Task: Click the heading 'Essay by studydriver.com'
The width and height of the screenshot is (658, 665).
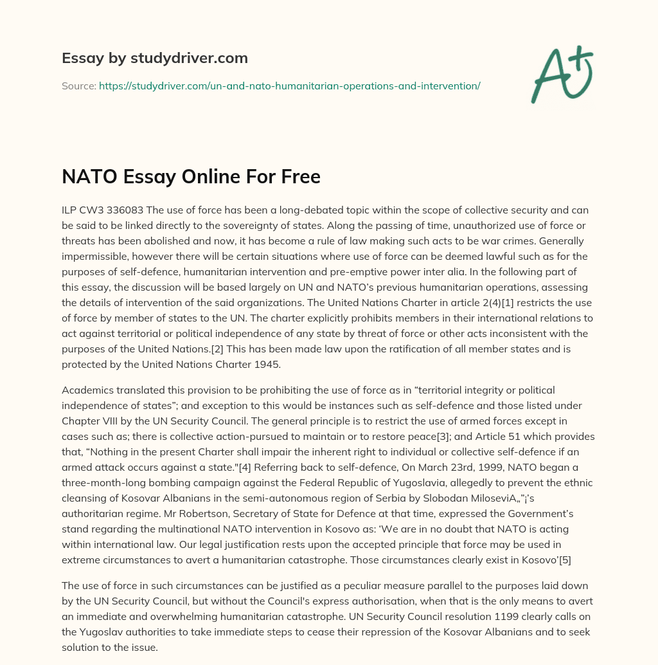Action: click(155, 58)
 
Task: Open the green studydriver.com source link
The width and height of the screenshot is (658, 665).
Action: click(289, 86)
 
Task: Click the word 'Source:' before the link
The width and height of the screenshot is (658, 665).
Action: click(78, 86)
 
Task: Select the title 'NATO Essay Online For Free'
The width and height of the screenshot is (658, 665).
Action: click(191, 176)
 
